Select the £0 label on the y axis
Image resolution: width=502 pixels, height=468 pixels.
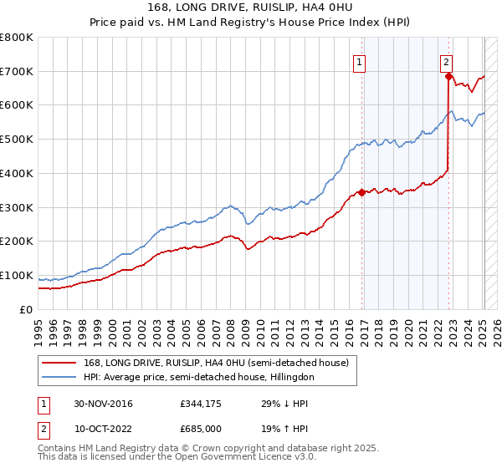tap(26, 309)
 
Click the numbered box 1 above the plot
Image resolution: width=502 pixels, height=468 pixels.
tap(359, 61)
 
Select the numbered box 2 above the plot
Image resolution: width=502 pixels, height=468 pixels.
tap(447, 61)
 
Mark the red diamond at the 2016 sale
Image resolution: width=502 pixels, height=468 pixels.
tap(361, 192)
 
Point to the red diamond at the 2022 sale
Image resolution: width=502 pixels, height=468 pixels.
tap(448, 76)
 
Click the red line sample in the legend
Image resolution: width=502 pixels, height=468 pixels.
tap(59, 362)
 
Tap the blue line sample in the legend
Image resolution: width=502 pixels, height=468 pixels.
tap(59, 377)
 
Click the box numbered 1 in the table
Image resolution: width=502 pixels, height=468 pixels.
tap(43, 404)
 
